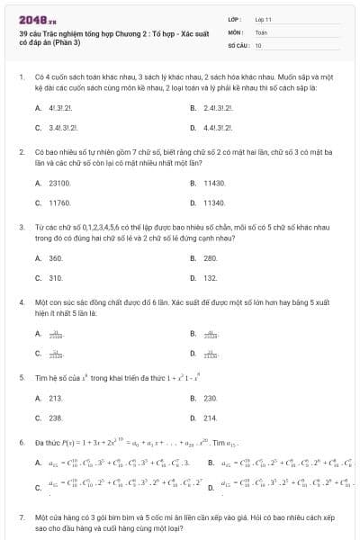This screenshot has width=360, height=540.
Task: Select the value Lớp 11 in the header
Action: tap(263, 18)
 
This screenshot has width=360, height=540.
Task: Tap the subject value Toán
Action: tap(261, 31)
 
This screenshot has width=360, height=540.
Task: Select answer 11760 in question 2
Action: tap(59, 203)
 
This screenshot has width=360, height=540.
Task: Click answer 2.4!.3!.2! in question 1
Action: tap(219, 107)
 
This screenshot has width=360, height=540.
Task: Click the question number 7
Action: tap(22, 519)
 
